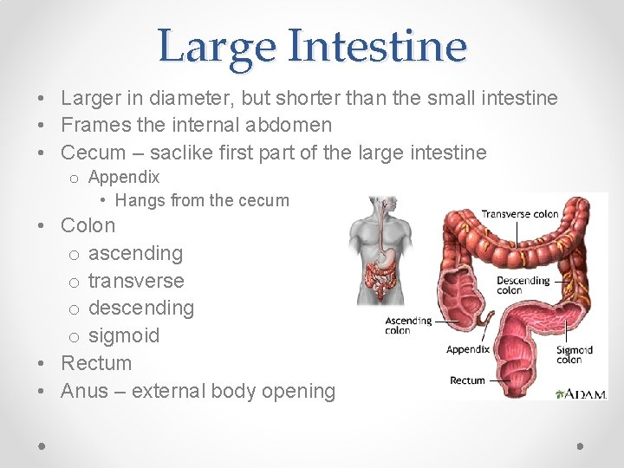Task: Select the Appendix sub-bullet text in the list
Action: click(124, 178)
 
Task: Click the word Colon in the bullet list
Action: click(88, 225)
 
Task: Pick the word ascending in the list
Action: click(135, 253)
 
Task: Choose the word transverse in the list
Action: click(136, 281)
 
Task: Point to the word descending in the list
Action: click(141, 308)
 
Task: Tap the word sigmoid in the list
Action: click(124, 335)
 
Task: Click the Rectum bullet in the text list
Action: click(96, 363)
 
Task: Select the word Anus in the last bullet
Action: click(84, 391)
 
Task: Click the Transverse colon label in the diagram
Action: click(520, 214)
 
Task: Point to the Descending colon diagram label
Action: click(523, 285)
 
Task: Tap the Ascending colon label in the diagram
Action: click(408, 325)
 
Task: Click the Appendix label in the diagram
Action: click(468, 350)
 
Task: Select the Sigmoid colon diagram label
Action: click(575, 355)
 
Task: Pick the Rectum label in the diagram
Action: click(467, 380)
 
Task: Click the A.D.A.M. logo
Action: click(585, 394)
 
